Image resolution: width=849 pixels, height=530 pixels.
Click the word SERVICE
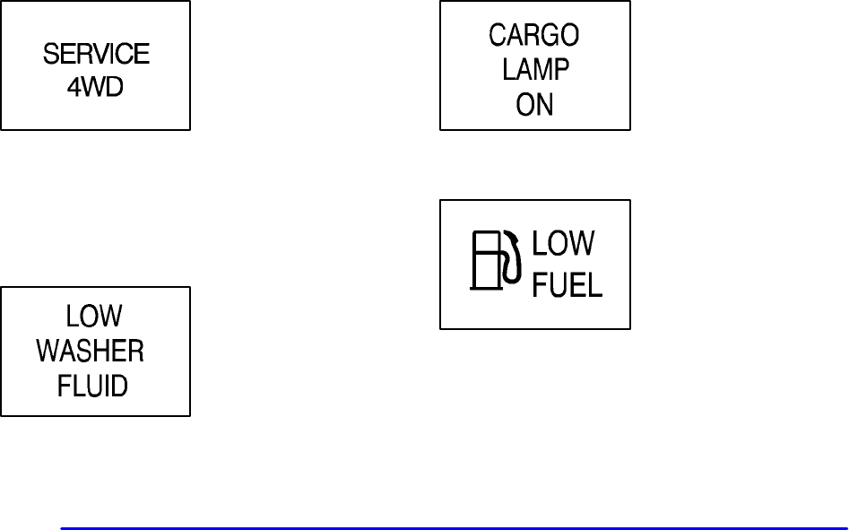96,55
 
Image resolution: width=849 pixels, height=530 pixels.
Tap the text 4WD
95,90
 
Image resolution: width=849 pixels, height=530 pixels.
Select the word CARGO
534,35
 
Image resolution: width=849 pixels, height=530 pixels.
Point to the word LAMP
535,70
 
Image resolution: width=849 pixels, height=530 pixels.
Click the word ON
534,105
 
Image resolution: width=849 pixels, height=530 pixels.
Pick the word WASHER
91,352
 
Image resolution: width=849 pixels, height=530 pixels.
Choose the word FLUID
93,387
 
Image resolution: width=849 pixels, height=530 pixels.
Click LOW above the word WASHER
94,317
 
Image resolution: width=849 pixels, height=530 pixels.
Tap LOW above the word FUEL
564,244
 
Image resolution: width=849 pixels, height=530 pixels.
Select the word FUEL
567,284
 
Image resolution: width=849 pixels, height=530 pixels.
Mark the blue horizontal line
453,528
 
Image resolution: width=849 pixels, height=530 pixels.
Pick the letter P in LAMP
560,70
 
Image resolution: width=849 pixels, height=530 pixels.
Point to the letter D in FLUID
119,387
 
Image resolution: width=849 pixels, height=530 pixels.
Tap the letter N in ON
545,105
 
